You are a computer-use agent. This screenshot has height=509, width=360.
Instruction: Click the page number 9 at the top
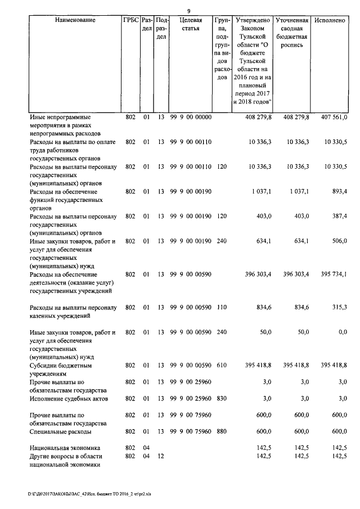[188, 9]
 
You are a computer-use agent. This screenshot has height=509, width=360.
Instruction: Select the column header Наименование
[75, 20]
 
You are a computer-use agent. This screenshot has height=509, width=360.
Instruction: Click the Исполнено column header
[330, 20]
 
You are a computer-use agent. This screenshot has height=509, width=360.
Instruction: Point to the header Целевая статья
[191, 24]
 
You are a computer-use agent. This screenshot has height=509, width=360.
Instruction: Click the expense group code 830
[221, 398]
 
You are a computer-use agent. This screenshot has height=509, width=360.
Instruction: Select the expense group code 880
[221, 431]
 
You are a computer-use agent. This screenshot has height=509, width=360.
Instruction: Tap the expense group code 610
[221, 365]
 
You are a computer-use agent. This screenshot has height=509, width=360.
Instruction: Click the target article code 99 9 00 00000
[191, 118]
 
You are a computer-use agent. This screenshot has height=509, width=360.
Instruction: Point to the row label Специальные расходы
[61, 431]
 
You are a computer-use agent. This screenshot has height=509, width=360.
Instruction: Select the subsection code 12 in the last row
[161, 456]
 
